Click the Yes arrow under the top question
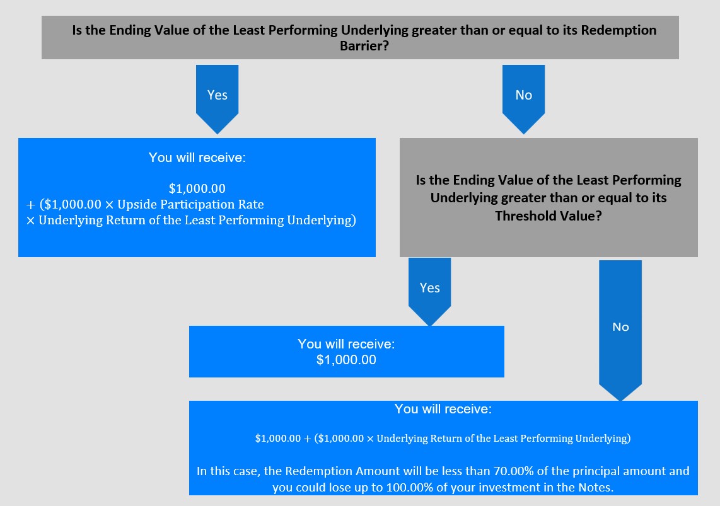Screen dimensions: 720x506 (x=217, y=99)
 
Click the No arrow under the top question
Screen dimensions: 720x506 (x=523, y=99)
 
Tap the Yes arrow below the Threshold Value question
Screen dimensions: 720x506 (x=430, y=291)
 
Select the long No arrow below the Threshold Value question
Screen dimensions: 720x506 (x=620, y=330)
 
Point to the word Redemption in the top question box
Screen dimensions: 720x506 (x=618, y=30)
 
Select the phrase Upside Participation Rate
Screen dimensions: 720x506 (x=190, y=204)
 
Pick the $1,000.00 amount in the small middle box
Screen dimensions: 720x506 (x=346, y=360)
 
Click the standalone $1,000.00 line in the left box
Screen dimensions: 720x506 (x=197, y=188)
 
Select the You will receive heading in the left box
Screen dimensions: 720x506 (x=197, y=158)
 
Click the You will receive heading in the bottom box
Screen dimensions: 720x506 (x=443, y=409)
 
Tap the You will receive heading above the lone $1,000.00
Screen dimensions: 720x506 (x=346, y=343)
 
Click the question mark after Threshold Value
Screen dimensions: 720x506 (x=598, y=216)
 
